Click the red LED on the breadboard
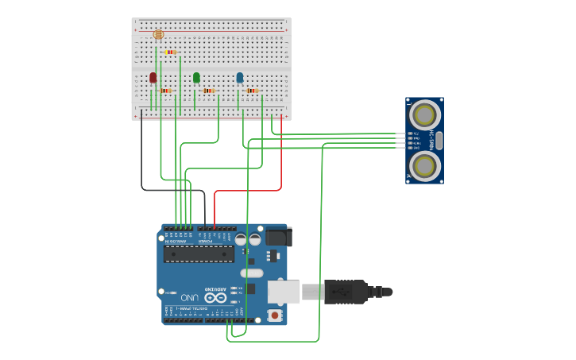click(153, 78)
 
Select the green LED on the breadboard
click(196, 77)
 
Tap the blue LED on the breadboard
click(240, 77)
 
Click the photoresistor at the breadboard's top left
click(157, 34)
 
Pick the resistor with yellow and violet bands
click(171, 52)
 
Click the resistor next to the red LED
click(165, 91)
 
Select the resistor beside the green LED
click(209, 91)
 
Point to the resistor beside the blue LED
click(252, 91)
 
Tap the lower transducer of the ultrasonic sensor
click(425, 165)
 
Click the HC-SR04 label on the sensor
click(433, 140)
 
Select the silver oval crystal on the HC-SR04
click(439, 141)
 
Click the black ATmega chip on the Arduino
click(199, 254)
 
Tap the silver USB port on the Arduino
click(282, 292)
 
